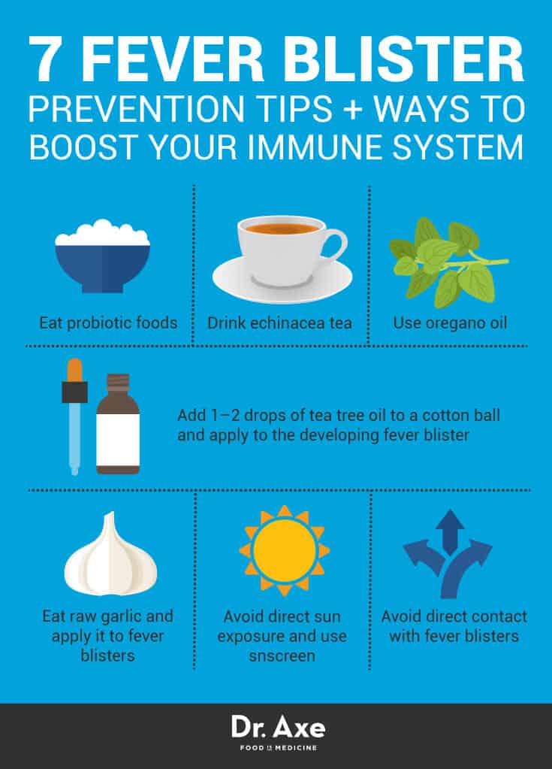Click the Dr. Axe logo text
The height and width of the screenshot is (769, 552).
pyautogui.click(x=275, y=728)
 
